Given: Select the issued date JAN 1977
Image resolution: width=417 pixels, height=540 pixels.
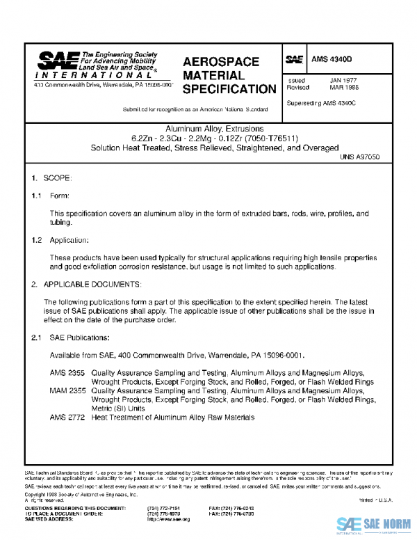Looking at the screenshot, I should pyautogui.click(x=343, y=81).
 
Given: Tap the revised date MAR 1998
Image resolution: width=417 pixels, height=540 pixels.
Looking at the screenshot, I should pyautogui.click(x=343, y=88).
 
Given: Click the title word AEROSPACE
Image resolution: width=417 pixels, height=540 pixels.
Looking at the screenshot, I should pyautogui.click(x=221, y=62).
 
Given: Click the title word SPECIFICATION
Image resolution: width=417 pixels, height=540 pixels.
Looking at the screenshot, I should pyautogui.click(x=229, y=89).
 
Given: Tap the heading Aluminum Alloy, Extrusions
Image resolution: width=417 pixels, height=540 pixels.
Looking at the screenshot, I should pyautogui.click(x=215, y=129).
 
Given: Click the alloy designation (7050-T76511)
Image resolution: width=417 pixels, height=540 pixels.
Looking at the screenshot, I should pyautogui.click(x=274, y=138).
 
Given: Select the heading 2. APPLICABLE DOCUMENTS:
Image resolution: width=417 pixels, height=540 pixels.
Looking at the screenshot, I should pyautogui.click(x=87, y=285).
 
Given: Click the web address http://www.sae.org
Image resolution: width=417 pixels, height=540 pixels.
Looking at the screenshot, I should pyautogui.click(x=168, y=519).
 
